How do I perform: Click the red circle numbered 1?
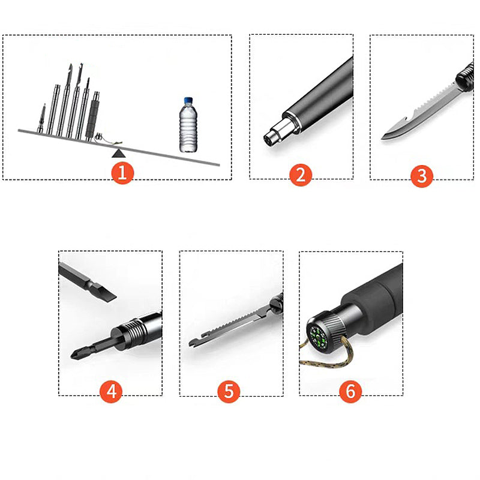click(122, 173)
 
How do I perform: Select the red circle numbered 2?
click(301, 175)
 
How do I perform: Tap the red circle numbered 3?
click(422, 176)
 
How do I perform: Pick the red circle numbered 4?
click(111, 391)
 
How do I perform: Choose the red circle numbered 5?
click(229, 391)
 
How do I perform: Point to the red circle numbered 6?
click(350, 391)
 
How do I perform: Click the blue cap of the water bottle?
click(188, 101)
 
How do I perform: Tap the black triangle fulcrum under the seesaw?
click(118, 153)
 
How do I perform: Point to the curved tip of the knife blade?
click(384, 137)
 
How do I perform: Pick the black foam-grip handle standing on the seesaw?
click(92, 115)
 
